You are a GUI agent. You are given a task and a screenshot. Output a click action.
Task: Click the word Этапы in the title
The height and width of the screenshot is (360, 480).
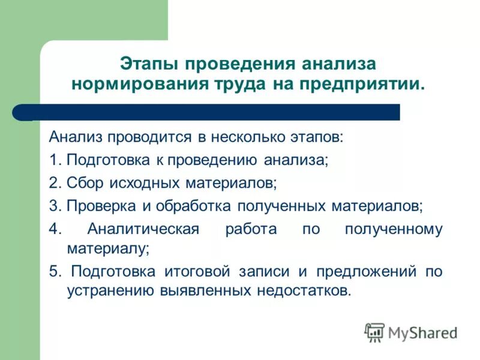pos(150,64)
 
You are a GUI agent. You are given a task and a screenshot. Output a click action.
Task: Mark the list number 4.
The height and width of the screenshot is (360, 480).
pos(54,229)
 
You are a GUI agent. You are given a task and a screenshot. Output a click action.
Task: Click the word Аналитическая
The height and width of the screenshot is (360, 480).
pos(143,229)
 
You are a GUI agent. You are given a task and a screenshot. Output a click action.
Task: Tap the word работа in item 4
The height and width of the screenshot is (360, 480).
pos(251,229)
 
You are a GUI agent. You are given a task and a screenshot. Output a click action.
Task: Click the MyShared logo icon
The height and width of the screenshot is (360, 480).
pos(375,332)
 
